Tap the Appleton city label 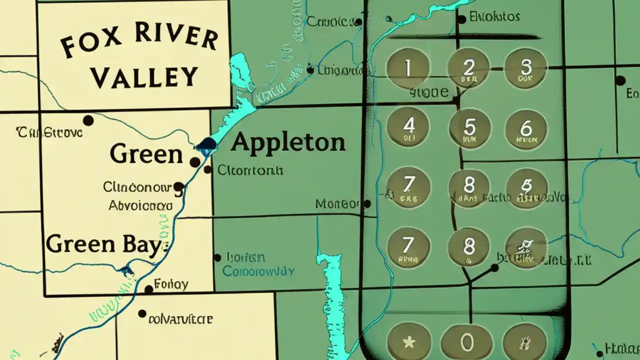pyautogui.click(x=288, y=142)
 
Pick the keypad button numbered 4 pyautogui.click(x=408, y=127)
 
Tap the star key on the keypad pyautogui.click(x=408, y=343)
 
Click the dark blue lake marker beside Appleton pyautogui.click(x=206, y=145)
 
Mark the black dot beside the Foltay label pyautogui.click(x=148, y=289)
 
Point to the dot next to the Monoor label pyautogui.click(x=367, y=204)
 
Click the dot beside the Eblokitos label pyautogui.click(x=462, y=19)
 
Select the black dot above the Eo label pyautogui.click(x=620, y=80)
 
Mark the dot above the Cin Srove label pyautogui.click(x=88, y=120)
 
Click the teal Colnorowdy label pyautogui.click(x=258, y=271)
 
